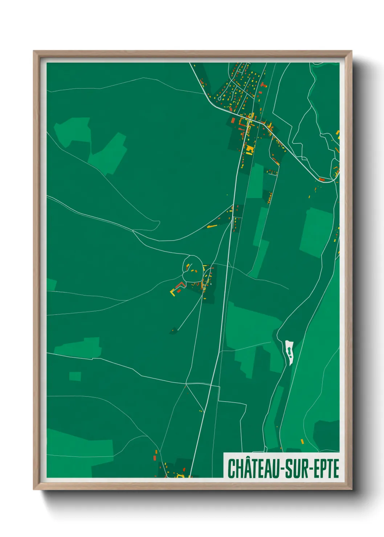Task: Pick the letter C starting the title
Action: coord(231,468)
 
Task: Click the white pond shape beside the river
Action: coord(289,352)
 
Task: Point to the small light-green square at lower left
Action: coord(75,376)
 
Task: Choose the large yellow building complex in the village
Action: coord(249,149)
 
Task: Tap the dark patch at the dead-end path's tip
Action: coord(173,331)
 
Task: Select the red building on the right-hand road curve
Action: coord(322,179)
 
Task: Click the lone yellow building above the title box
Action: coord(302,442)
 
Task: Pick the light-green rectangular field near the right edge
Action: coord(316,232)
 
